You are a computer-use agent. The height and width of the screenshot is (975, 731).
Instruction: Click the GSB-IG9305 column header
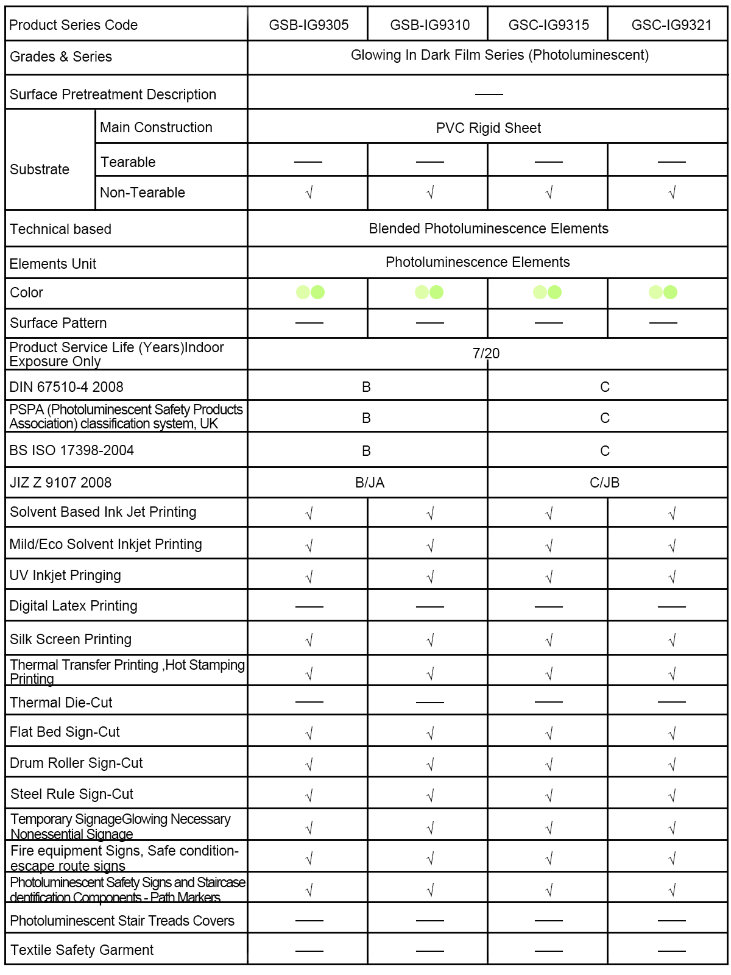pyautogui.click(x=309, y=25)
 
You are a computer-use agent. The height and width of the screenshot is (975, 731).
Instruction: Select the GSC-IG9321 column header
pyautogui.click(x=671, y=25)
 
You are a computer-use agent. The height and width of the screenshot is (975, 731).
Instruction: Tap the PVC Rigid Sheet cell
pyautogui.click(x=488, y=128)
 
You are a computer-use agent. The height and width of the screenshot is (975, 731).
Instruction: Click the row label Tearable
pyautogui.click(x=128, y=162)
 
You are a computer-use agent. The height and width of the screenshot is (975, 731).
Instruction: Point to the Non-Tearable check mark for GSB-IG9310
pyautogui.click(x=430, y=193)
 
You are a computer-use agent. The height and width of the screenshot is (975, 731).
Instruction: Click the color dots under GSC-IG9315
pyautogui.click(x=547, y=292)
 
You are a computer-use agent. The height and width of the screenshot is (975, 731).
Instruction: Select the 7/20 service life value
pyautogui.click(x=486, y=353)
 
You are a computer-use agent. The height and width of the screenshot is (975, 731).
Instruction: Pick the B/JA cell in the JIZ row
pyautogui.click(x=370, y=483)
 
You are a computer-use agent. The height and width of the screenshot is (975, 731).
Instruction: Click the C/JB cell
pyautogui.click(x=604, y=483)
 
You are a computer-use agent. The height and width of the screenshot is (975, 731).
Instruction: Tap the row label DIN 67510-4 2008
pyautogui.click(x=66, y=387)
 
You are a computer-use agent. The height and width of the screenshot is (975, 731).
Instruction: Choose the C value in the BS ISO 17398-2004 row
pyautogui.click(x=604, y=451)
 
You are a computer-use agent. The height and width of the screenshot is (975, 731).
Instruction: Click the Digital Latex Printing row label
pyautogui.click(x=74, y=606)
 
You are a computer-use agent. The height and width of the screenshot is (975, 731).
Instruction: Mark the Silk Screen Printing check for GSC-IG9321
pyautogui.click(x=672, y=640)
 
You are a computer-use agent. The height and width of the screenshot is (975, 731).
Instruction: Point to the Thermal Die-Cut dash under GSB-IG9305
pyautogui.click(x=309, y=702)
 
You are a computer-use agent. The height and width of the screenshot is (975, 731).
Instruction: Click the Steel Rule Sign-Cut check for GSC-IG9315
pyautogui.click(x=549, y=795)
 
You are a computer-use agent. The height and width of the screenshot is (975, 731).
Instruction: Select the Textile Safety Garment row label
pyautogui.click(x=82, y=950)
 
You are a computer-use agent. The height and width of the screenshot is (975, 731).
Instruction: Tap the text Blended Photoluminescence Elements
pyautogui.click(x=488, y=229)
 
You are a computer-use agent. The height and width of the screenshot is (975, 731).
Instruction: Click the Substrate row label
pyautogui.click(x=40, y=169)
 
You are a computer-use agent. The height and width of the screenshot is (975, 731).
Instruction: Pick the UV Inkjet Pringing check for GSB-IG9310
pyautogui.click(x=430, y=576)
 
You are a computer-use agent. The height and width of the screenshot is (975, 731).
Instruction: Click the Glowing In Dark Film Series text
pyautogui.click(x=500, y=55)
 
